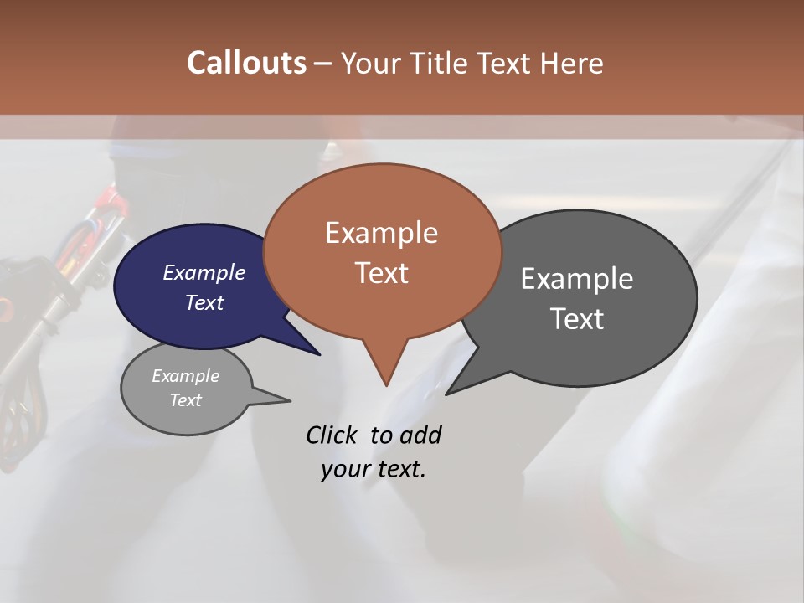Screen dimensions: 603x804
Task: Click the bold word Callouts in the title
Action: coord(246,63)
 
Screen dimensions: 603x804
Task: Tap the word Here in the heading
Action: coord(573,63)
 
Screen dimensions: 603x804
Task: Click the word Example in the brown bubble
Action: coord(381,233)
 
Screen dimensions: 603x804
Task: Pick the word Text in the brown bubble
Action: coord(381,273)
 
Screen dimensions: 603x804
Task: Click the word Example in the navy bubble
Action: coord(204,272)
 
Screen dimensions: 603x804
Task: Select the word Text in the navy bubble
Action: coord(204,302)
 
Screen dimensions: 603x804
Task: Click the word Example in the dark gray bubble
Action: coord(577,279)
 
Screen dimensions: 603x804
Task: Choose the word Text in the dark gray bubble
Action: coord(577,319)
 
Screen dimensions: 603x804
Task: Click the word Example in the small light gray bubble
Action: coord(185,376)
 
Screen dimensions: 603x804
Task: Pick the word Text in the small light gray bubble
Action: coord(185,400)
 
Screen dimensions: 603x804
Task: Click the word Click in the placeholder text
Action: coord(332,435)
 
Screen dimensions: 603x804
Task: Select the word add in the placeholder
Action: coord(420,435)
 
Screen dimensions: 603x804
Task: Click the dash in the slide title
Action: coord(324,64)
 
